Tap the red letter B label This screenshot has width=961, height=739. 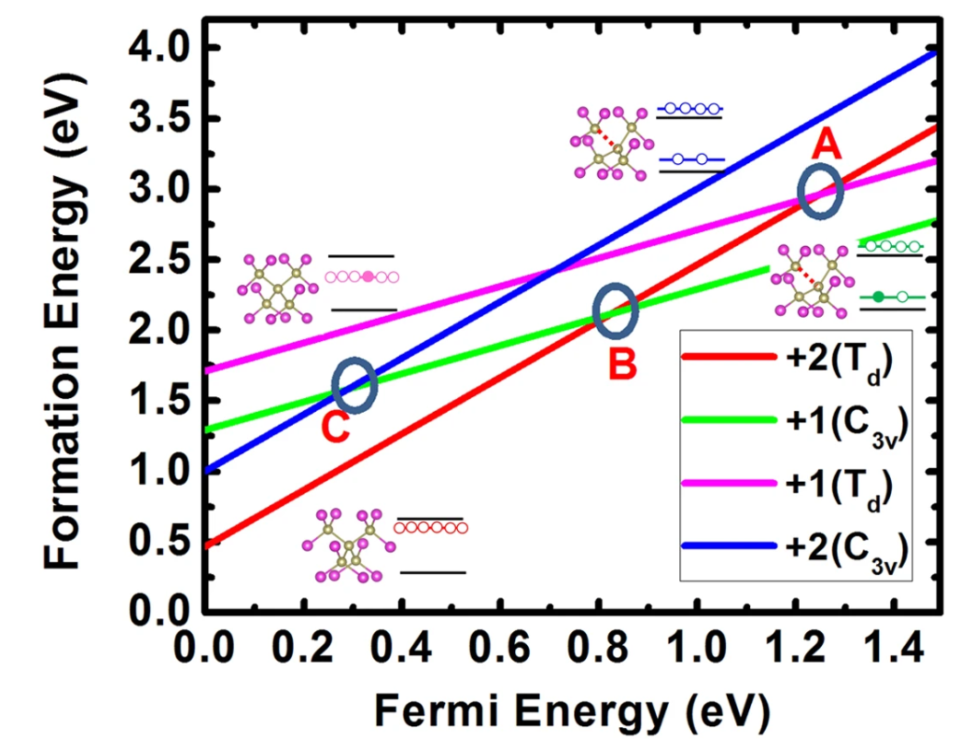[622, 365]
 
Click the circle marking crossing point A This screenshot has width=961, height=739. [819, 192]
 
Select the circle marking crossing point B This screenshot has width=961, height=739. [615, 311]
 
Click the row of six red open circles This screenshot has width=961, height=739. [430, 528]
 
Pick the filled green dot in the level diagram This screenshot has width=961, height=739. [878, 297]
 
